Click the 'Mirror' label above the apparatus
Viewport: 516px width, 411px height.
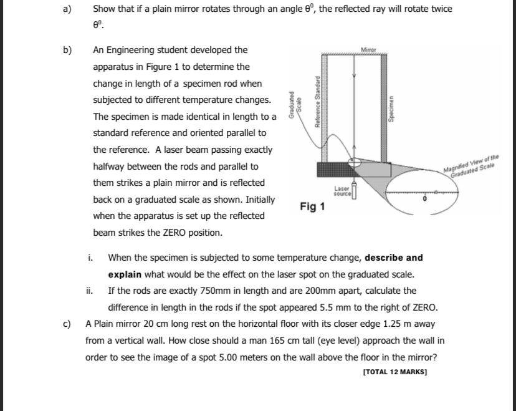(x=368, y=49)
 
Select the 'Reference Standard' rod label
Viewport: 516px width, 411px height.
(x=318, y=102)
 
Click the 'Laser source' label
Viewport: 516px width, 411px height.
(x=342, y=190)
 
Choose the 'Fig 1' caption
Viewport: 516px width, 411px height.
(x=312, y=206)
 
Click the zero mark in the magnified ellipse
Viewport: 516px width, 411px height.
(x=425, y=198)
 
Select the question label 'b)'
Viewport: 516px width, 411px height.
(x=67, y=50)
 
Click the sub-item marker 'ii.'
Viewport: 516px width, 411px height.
(x=90, y=291)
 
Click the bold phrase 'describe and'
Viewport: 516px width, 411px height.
(x=393, y=258)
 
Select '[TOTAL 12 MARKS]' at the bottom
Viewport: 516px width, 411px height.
(x=394, y=372)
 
